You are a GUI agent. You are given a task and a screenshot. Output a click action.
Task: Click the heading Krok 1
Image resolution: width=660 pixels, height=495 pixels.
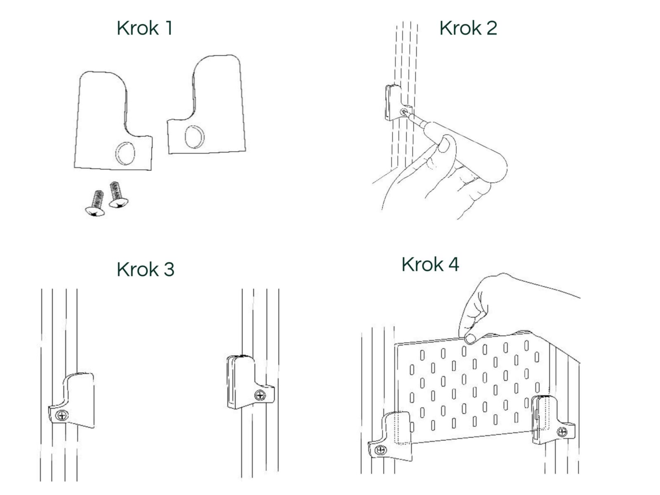point(145,28)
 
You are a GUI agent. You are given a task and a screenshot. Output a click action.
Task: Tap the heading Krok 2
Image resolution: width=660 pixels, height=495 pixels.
point(468,28)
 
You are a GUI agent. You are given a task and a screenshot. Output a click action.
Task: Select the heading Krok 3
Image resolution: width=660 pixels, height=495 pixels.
point(146,269)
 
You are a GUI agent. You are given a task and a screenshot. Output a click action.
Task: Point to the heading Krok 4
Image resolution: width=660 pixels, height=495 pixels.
point(430,264)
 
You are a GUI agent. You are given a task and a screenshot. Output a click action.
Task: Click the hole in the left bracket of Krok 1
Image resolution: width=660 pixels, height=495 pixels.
point(125,153)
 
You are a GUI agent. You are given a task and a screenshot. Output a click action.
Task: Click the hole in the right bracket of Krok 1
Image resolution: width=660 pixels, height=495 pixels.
point(195,137)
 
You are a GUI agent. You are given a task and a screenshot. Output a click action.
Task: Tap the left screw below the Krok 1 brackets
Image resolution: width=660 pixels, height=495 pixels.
point(95,203)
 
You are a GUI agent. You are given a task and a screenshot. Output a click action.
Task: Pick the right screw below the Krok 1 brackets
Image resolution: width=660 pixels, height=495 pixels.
point(118,195)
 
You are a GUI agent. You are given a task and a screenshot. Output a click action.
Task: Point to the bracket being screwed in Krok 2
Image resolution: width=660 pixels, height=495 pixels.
point(396,103)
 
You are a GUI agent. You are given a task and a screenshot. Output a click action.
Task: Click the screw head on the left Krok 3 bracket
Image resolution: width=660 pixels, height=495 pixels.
point(62,416)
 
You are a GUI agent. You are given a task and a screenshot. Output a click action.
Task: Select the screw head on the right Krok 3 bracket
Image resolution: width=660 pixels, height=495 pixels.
point(260,395)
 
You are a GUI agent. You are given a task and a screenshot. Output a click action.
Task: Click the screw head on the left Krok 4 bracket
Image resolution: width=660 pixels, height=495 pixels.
point(381,450)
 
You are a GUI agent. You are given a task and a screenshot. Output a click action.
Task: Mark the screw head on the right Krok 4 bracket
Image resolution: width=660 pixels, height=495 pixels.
point(562,432)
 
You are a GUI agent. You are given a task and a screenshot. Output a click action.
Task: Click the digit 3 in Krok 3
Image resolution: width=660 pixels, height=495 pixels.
point(169,269)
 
